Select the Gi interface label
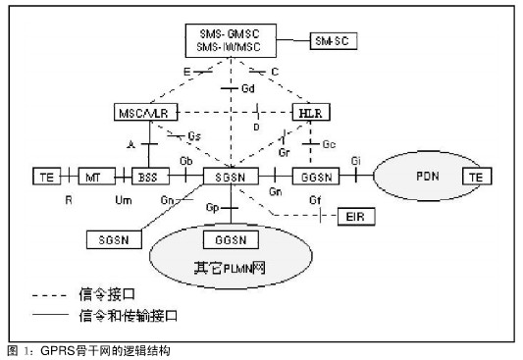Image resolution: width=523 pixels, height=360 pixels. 356,160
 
